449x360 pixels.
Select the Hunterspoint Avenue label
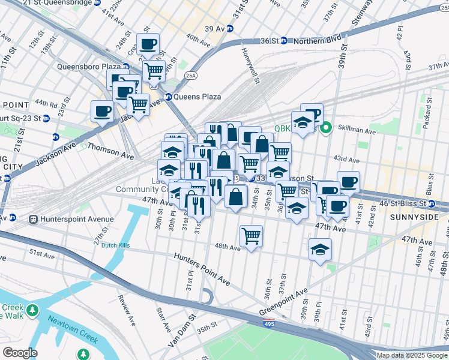pyautogui.click(x=77, y=220)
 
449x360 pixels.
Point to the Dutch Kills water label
pyautogui.click(x=116, y=245)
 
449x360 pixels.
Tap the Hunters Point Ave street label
pyautogui.click(x=202, y=268)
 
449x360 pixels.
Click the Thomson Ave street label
pyautogui.click(x=110, y=151)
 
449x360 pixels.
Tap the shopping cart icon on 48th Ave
pyautogui.click(x=251, y=236)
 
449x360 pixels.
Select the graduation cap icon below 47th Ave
pyautogui.click(x=321, y=249)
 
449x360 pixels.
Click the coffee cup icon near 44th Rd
pyautogui.click(x=102, y=111)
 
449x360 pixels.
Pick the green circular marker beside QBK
pyautogui.click(x=327, y=128)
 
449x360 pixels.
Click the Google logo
pyautogui.click(x=20, y=352)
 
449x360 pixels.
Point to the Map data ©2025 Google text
pyautogui.click(x=412, y=355)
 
